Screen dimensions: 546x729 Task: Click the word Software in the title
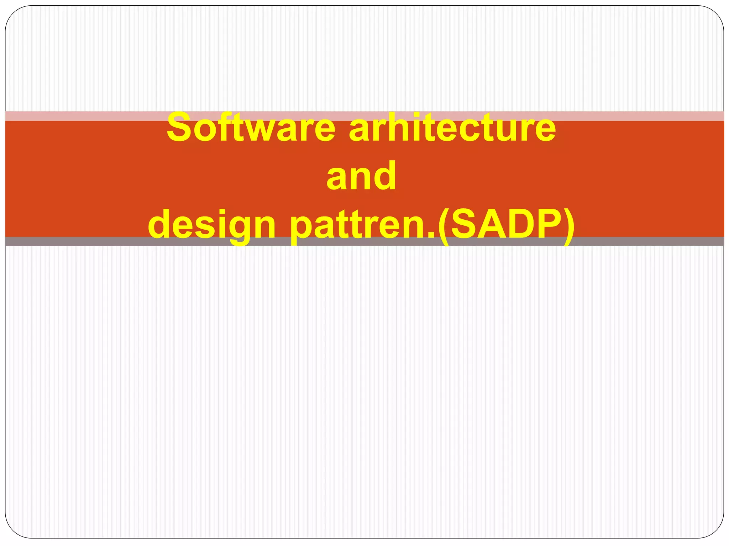coord(251,127)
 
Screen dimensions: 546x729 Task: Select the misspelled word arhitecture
coord(452,127)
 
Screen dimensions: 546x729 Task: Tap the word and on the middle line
coord(361,176)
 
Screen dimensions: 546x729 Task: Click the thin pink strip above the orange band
coord(71,116)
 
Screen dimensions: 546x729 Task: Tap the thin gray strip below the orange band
coord(71,241)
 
